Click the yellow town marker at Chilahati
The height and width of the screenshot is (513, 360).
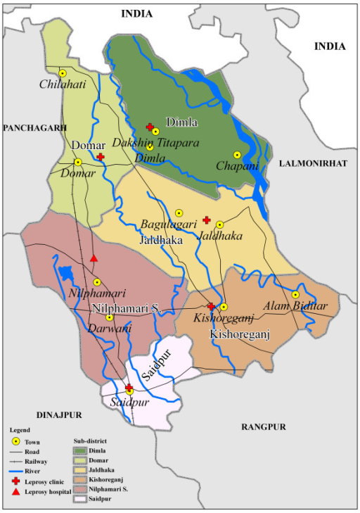(63, 73)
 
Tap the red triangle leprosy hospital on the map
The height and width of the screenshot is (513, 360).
(94, 259)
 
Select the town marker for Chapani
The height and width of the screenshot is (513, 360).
(238, 155)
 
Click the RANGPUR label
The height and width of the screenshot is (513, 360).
(264, 427)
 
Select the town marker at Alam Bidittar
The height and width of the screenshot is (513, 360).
(295, 295)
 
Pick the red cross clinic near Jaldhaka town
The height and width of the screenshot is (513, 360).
(206, 220)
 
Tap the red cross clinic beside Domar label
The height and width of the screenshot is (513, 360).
(101, 157)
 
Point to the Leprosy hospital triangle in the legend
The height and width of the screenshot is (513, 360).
(15, 491)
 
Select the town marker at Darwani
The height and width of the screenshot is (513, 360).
(110, 317)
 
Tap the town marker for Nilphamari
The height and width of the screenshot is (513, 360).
(97, 282)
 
